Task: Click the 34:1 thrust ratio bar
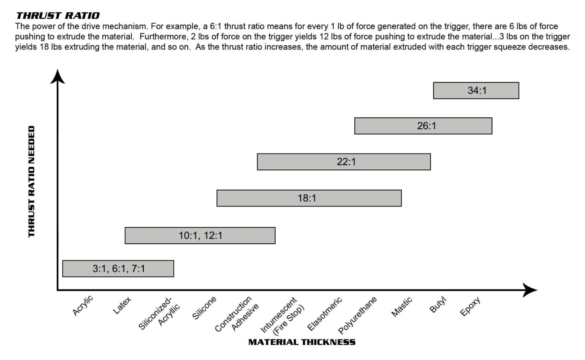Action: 476,91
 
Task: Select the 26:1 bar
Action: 423,126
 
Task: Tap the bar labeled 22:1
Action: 344,162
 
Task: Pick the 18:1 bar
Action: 309,198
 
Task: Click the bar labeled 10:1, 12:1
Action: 200,236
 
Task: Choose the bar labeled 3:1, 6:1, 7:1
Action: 118,269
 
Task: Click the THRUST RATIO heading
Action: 58,15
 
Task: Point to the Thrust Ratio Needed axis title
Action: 31,182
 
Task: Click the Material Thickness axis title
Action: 302,342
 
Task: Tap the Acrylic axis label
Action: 83,306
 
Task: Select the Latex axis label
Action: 122,306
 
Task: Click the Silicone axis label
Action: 204,308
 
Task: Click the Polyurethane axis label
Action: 357,315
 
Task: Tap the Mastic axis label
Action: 401,307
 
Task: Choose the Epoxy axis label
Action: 470,307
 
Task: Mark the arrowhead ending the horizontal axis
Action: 530,290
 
